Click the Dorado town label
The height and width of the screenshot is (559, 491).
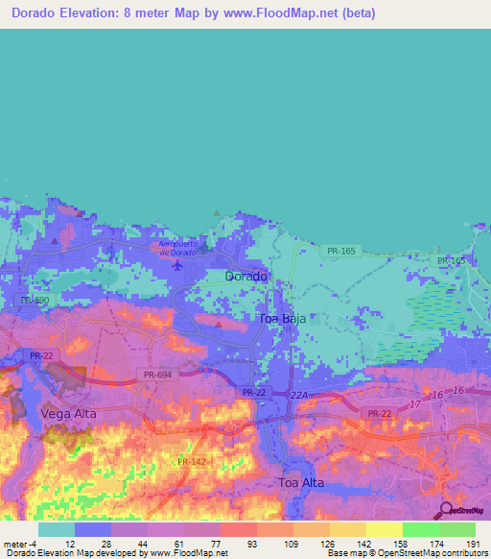pyautogui.click(x=245, y=276)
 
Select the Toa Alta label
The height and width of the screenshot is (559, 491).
pyautogui.click(x=302, y=482)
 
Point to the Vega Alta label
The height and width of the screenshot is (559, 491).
pyautogui.click(x=69, y=413)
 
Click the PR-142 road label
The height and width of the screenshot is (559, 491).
pyautogui.click(x=192, y=462)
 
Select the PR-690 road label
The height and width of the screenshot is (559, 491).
pyautogui.click(x=35, y=301)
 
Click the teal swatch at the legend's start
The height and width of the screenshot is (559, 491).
pyautogui.click(x=56, y=529)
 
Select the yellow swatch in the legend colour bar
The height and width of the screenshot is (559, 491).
pyautogui.click(x=384, y=529)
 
